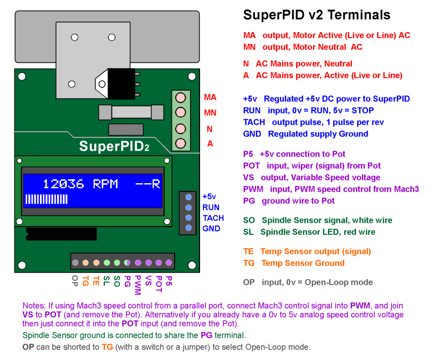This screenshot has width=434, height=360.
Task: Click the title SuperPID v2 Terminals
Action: click(x=316, y=15)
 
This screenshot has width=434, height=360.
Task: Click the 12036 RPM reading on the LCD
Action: click(x=80, y=183)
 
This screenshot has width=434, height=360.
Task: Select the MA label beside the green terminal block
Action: click(x=210, y=97)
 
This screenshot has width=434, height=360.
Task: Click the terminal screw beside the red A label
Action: click(x=180, y=143)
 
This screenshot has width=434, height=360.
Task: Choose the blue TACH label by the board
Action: click(x=213, y=218)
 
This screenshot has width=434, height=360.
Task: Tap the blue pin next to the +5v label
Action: click(x=189, y=197)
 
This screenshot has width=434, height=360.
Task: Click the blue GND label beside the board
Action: click(x=211, y=228)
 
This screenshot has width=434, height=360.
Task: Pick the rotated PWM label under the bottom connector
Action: click(x=137, y=283)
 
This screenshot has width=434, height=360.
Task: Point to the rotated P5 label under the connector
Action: click(x=169, y=280)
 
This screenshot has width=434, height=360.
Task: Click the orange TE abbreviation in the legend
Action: click(x=248, y=251)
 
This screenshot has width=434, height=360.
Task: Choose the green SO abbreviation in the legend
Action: click(x=249, y=220)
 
